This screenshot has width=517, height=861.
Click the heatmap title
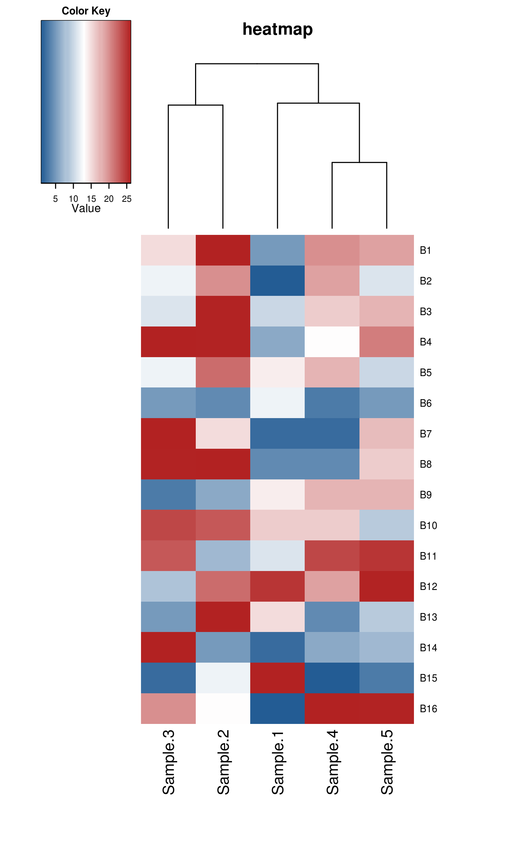[277, 29]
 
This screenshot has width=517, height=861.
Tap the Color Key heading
[86, 11]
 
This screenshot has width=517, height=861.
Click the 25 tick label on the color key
[127, 199]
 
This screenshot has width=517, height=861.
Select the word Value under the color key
[86, 208]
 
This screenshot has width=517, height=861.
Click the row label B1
[425, 250]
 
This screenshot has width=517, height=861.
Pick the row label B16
[428, 709]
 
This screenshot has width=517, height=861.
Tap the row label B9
[425, 495]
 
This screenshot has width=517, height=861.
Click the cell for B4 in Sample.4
[332, 342]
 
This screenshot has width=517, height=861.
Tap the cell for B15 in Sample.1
[278, 678]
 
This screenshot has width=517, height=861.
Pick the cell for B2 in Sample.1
[278, 281]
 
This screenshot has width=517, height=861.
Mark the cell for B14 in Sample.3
[168, 648]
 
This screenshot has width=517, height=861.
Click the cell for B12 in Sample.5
[387, 587]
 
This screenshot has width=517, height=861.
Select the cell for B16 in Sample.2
[223, 708]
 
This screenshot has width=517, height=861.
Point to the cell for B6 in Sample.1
[278, 403]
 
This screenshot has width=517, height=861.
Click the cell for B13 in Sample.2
[223, 617]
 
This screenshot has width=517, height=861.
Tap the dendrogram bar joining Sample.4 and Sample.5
[359, 163]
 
